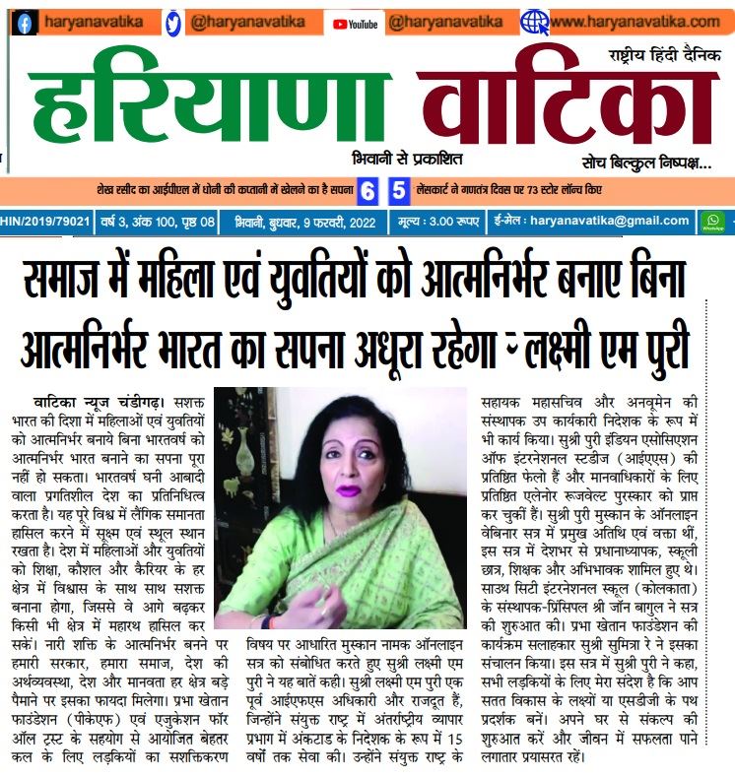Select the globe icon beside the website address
point(535,22)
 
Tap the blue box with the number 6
point(367,190)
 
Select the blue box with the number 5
point(398,190)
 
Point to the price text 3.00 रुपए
point(449,223)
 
